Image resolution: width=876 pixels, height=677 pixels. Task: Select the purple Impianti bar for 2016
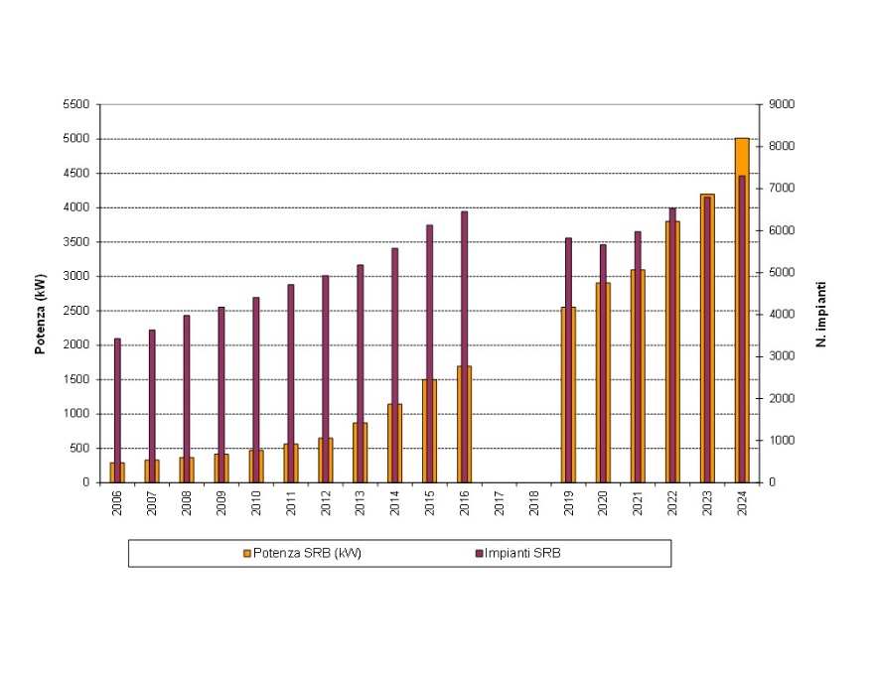point(464,288)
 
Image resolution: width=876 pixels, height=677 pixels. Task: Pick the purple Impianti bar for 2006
point(117,397)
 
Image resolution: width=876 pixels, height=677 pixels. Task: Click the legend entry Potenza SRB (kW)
point(302,553)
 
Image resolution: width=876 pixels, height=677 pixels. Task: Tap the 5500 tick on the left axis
point(75,104)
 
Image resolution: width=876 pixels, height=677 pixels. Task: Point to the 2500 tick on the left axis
point(75,311)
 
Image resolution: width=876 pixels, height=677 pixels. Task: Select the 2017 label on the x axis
point(499,502)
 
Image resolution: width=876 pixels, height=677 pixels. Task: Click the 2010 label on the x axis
point(255,502)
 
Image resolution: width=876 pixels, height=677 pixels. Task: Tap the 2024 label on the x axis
point(742,502)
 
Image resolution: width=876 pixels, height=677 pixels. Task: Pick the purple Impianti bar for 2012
point(325,357)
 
